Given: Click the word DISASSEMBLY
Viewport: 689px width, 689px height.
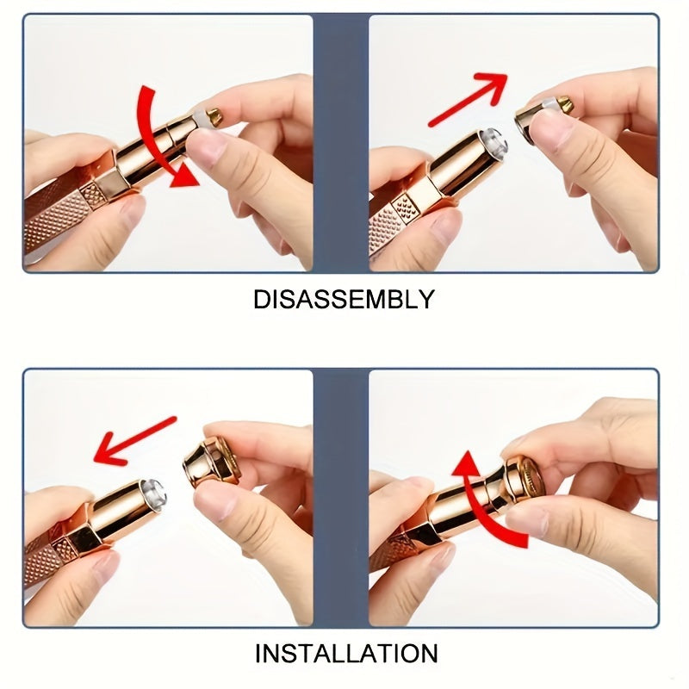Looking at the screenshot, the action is pyautogui.click(x=344, y=299).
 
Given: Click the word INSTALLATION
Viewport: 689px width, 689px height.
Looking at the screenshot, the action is pyautogui.click(x=346, y=654).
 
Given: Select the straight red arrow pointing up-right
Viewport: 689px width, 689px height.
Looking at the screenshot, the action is pyautogui.click(x=468, y=100).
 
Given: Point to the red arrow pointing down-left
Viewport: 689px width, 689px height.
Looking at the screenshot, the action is pyautogui.click(x=135, y=441).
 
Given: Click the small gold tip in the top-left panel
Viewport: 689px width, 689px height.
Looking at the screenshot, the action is pyautogui.click(x=214, y=116).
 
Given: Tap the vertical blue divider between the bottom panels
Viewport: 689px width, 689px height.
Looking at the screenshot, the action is pyautogui.click(x=340, y=498).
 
